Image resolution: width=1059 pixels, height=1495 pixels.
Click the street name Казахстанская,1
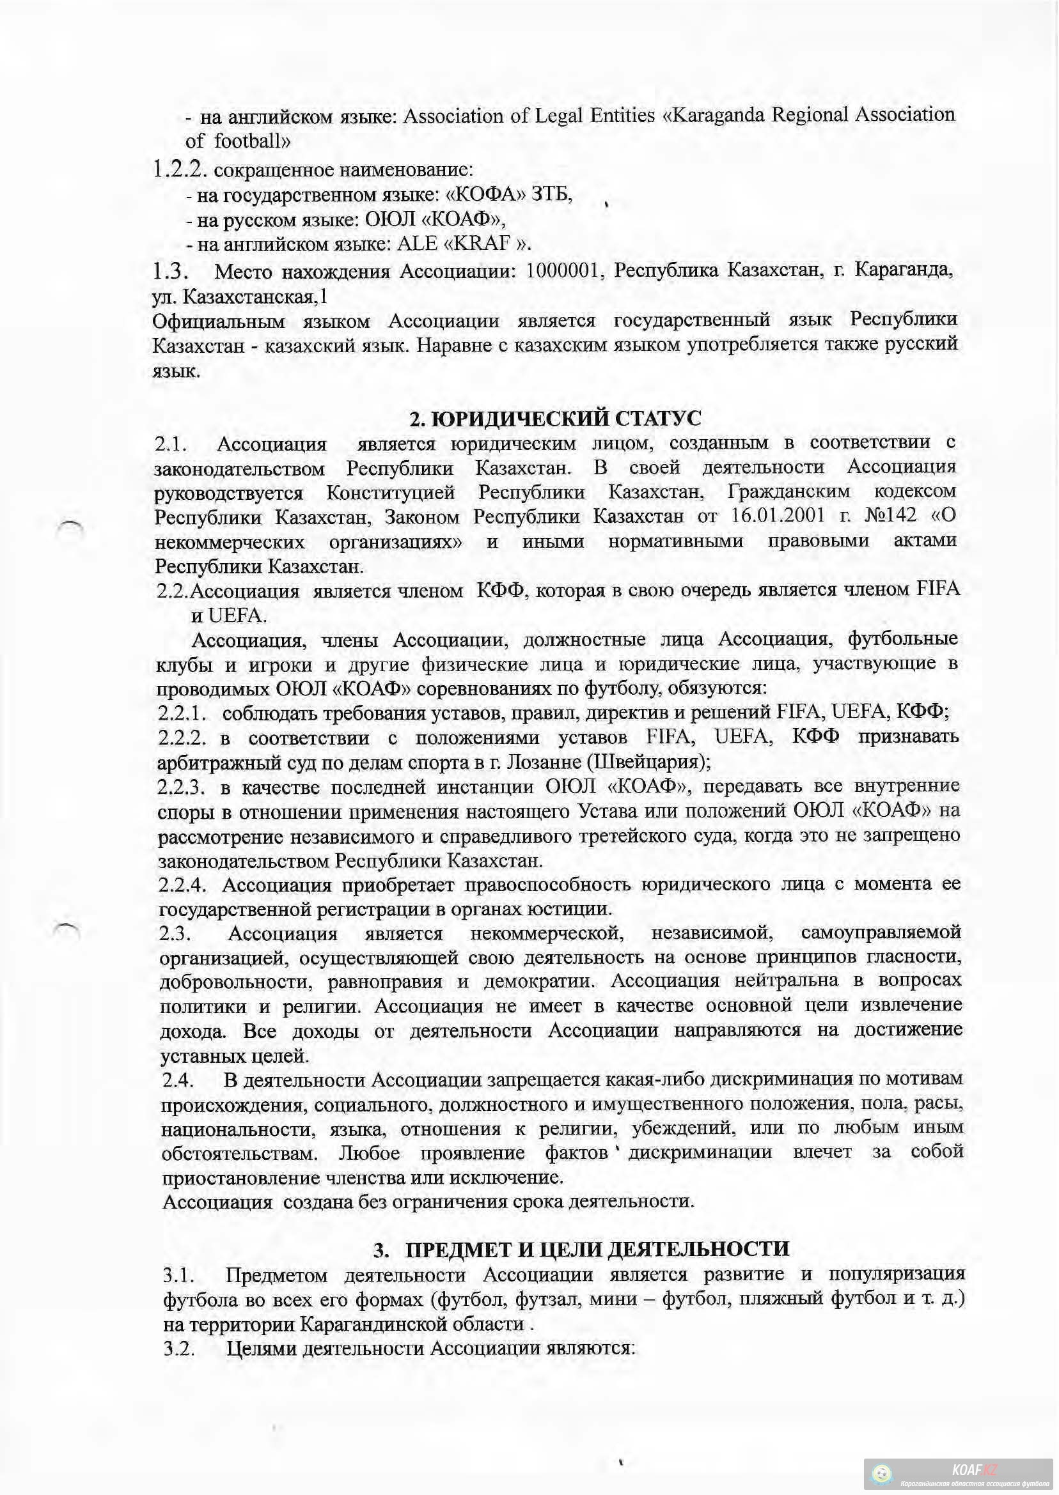point(255,297)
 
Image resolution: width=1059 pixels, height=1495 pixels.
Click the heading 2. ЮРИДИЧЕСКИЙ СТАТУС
point(555,418)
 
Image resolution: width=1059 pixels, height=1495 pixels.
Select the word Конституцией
point(391,492)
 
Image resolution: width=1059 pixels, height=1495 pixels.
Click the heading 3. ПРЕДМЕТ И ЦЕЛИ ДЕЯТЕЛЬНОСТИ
point(582,1249)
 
